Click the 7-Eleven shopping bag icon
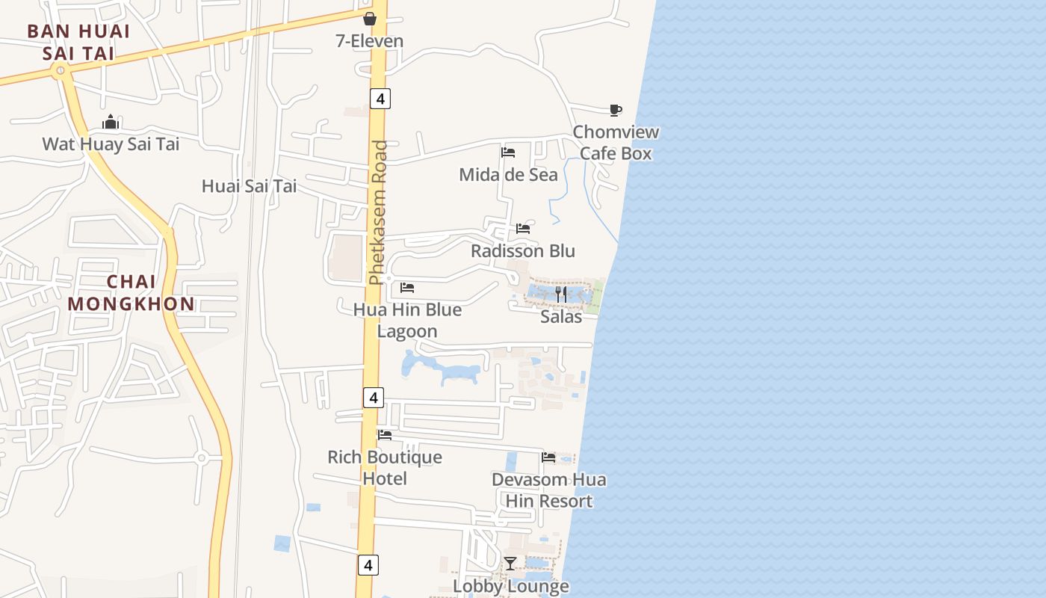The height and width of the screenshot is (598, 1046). (x=369, y=19)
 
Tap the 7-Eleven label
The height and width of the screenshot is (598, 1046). (x=369, y=41)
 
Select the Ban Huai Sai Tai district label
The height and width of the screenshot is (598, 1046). (x=78, y=43)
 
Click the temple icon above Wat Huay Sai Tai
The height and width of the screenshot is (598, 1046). (x=111, y=122)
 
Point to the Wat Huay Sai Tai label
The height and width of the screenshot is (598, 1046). (x=111, y=144)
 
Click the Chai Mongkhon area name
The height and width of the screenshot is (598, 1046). (x=131, y=293)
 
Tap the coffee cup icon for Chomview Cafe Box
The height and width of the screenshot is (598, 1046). (x=615, y=111)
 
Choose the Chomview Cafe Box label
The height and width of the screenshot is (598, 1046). (x=616, y=143)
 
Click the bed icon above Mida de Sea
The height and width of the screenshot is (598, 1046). (x=508, y=152)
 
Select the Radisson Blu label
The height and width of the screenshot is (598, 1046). (x=523, y=251)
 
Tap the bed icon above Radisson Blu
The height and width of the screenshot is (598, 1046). (x=523, y=229)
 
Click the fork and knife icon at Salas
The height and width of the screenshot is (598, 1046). (x=561, y=295)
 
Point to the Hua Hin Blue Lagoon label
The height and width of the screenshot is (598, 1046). (x=407, y=321)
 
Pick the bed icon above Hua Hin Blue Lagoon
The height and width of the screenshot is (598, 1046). (x=407, y=287)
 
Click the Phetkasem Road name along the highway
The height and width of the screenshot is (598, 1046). (x=380, y=212)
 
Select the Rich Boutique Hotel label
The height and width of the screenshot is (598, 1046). (x=385, y=468)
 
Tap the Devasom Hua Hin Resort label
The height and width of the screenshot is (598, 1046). (x=549, y=490)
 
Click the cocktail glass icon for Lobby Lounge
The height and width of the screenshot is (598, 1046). (x=510, y=563)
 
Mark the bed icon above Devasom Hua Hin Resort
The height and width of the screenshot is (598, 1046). (x=548, y=457)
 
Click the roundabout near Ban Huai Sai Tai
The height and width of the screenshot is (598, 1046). (x=60, y=71)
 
